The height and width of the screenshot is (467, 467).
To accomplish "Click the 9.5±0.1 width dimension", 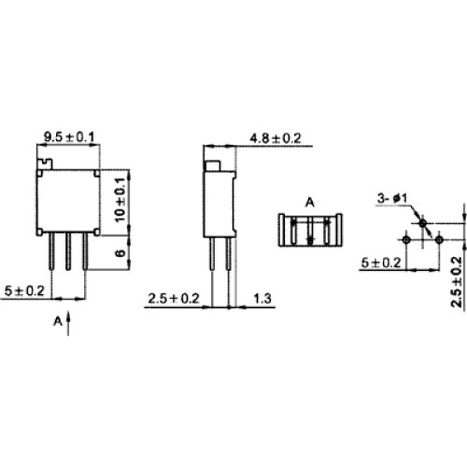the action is click(x=69, y=136).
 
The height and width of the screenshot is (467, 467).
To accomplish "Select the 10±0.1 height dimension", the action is click(x=120, y=200).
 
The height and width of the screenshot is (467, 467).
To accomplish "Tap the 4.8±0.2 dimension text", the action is click(x=276, y=138).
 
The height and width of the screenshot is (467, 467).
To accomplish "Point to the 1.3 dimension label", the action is click(x=262, y=299).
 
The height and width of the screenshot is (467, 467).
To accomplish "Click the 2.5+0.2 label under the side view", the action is click(x=174, y=299).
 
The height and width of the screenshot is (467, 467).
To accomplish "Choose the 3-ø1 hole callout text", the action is click(x=392, y=198).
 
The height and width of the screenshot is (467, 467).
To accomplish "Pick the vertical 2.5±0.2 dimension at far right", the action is click(x=457, y=282).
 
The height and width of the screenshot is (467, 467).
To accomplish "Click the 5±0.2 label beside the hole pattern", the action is click(x=381, y=263).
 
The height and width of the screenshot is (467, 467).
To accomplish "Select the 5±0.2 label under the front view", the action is click(x=24, y=291).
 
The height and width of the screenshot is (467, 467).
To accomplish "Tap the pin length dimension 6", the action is click(x=120, y=253).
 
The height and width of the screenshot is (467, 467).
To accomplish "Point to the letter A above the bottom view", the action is click(x=309, y=203).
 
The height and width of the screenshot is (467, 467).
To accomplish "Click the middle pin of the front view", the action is click(x=68, y=251).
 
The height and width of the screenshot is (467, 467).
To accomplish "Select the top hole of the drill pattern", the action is click(x=422, y=223).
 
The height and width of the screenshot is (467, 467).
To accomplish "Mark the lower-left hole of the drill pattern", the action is click(x=406, y=240).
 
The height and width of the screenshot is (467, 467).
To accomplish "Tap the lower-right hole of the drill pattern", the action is click(x=439, y=240).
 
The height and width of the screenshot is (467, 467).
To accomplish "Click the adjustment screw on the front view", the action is click(x=45, y=163).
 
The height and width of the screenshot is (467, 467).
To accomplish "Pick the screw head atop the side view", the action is click(x=212, y=165).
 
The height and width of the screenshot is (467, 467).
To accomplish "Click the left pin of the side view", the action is click(x=212, y=253).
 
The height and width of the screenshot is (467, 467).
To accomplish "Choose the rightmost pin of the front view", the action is click(x=85, y=251).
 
